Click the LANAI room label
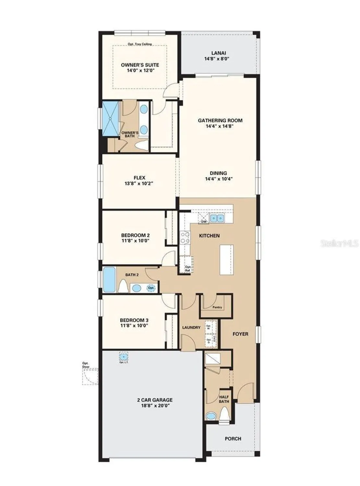219,53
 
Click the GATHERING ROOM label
220,121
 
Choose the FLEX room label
139,178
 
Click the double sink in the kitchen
217,218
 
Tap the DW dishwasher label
204,222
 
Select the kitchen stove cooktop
185,237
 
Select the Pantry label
217,307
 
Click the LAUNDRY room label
191,328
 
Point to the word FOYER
240,334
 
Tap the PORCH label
233,439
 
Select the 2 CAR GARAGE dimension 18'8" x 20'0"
154,405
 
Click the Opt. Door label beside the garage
86,365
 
